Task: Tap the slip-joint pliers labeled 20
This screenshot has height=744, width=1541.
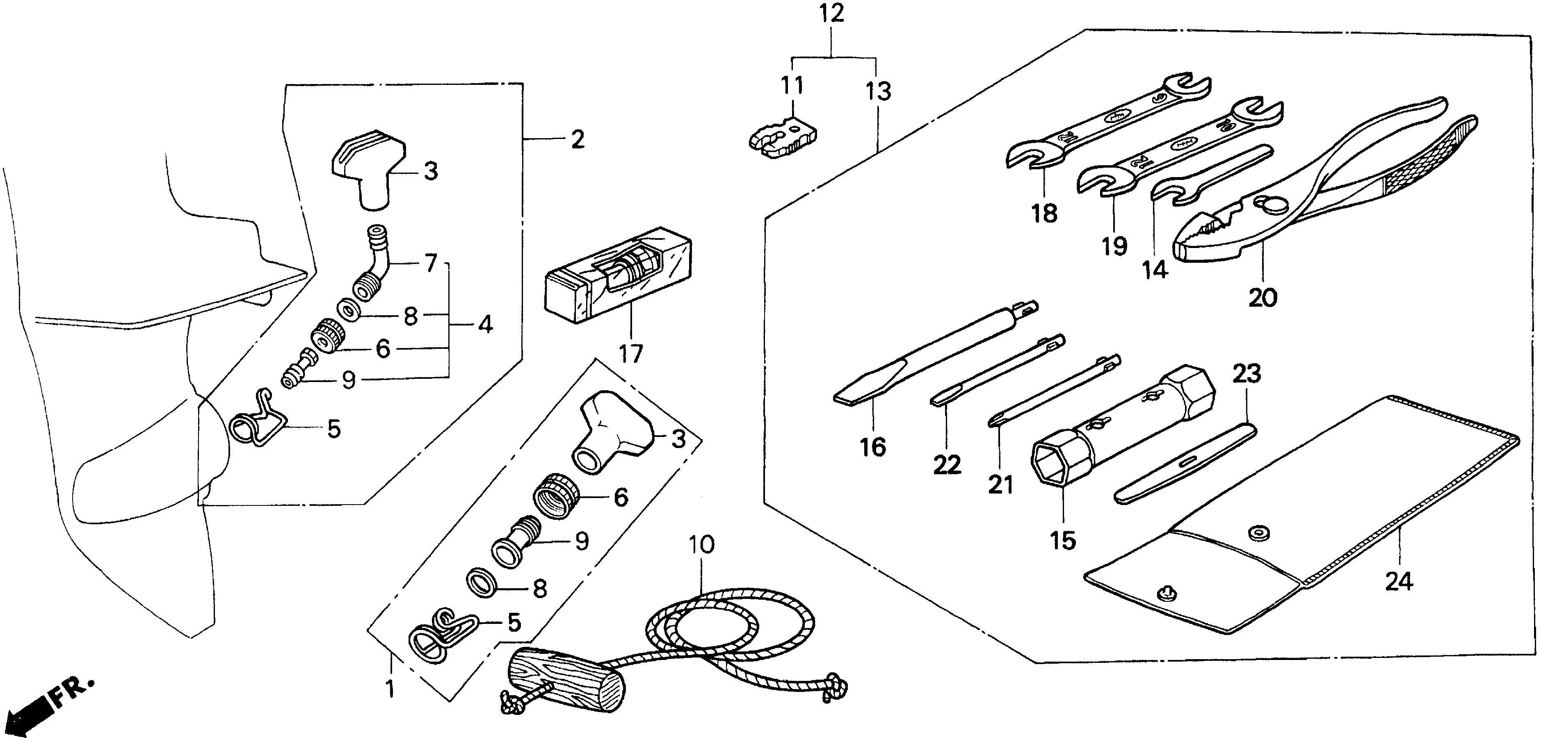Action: pyautogui.click(x=1316, y=197)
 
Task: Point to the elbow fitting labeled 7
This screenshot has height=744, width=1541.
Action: pyautogui.click(x=374, y=267)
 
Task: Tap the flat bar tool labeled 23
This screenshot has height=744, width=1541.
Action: pyautogui.click(x=1185, y=464)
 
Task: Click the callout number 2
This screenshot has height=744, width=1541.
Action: pyautogui.click(x=577, y=139)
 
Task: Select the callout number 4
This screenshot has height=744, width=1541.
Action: pyautogui.click(x=485, y=325)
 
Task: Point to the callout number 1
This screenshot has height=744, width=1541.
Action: pyautogui.click(x=390, y=689)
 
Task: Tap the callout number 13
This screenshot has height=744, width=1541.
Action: pyautogui.click(x=878, y=91)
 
